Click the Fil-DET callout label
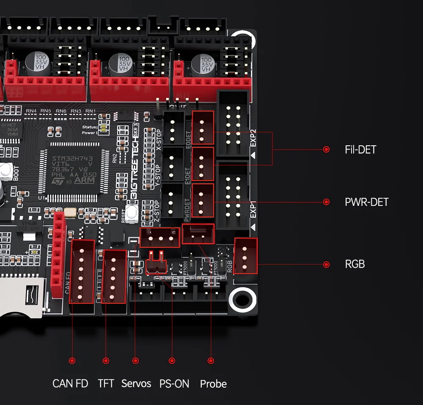360,150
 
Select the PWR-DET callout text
366,202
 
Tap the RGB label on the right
354,264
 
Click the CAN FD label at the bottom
70,384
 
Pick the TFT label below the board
106,384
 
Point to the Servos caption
136,384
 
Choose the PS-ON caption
174,384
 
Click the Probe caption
213,384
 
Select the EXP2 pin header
233,125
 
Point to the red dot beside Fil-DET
326,150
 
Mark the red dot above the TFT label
106,361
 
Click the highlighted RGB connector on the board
245,256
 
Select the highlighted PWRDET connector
203,200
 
